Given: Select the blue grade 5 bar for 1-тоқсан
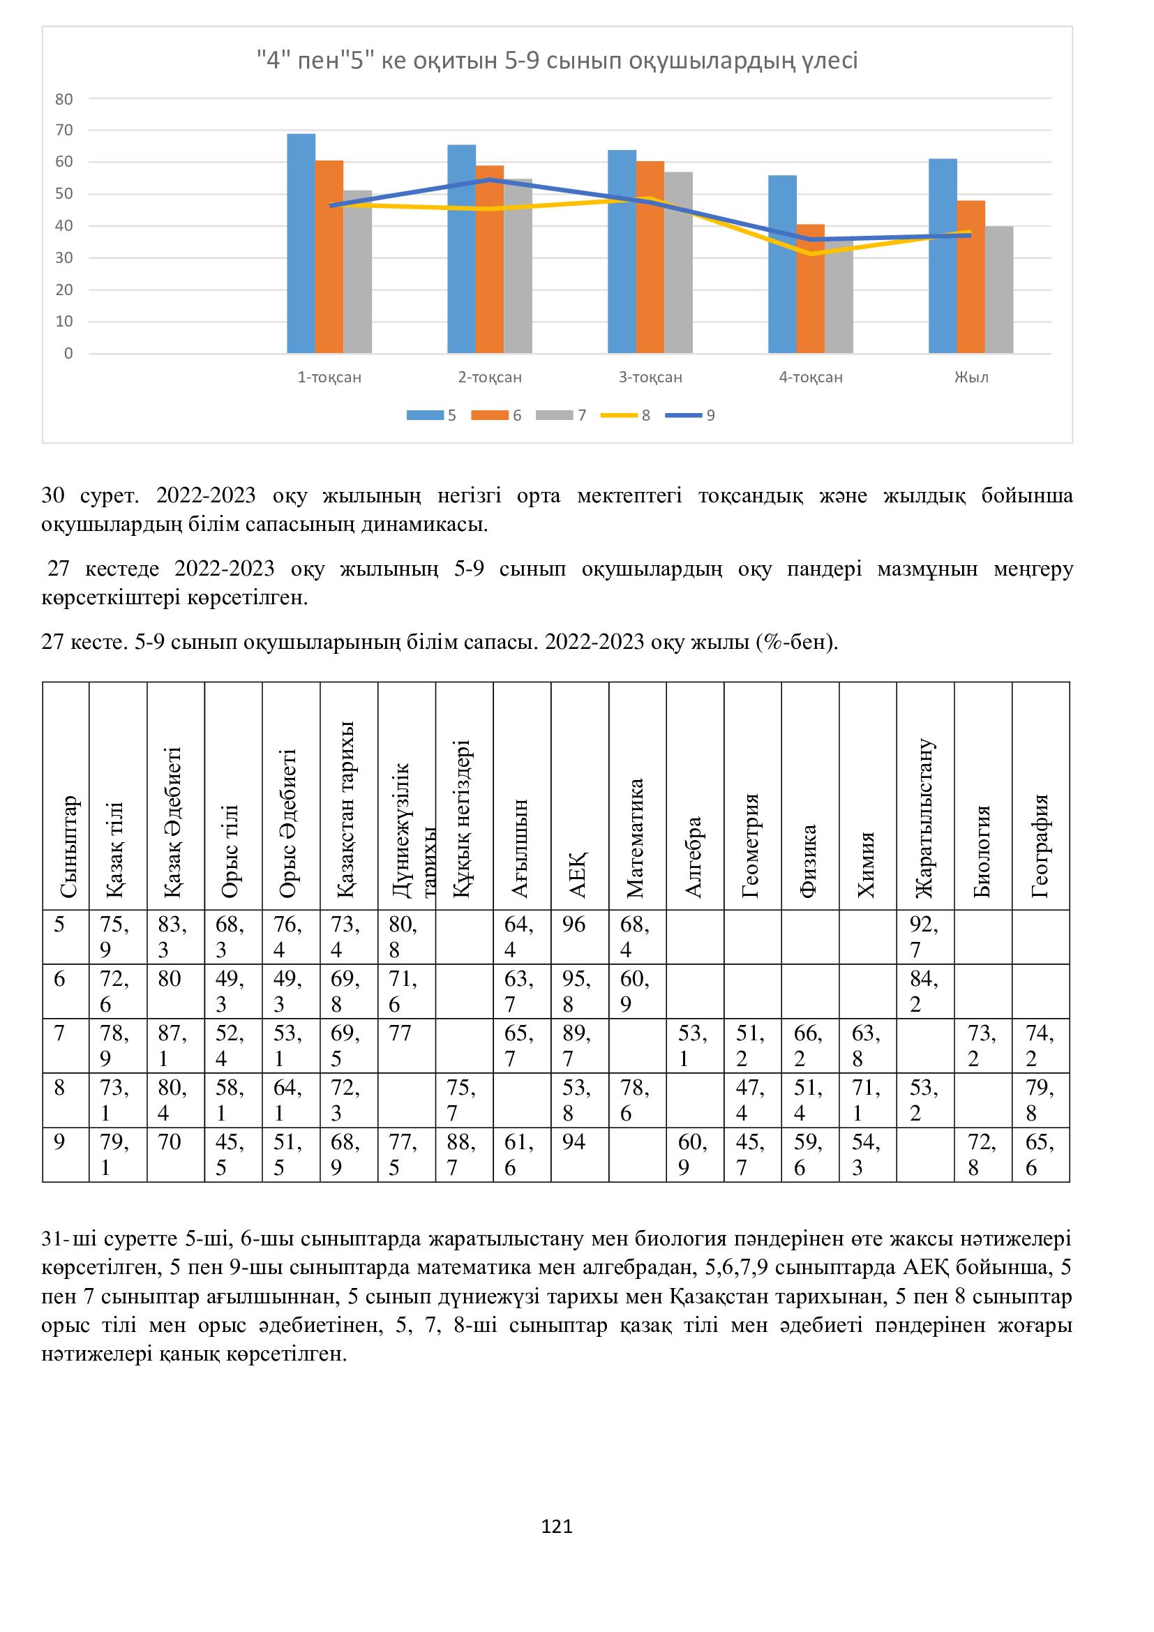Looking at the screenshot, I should [301, 243].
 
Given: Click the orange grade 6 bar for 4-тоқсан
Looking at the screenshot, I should [810, 289].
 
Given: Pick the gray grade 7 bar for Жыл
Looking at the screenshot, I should [999, 290].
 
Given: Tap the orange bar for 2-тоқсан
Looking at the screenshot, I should [490, 259].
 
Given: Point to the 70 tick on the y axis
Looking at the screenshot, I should [65, 130].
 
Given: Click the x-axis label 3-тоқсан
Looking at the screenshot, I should [650, 377].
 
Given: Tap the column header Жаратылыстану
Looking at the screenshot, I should [924, 818].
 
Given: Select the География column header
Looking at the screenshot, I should [1040, 846].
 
